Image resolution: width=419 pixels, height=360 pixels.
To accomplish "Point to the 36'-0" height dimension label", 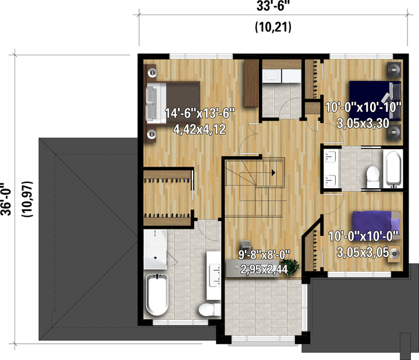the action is [x=6, y=199].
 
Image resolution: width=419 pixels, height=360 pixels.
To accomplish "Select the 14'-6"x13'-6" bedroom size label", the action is [x=200, y=113].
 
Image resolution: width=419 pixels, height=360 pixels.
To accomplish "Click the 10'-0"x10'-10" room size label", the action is [x=363, y=108].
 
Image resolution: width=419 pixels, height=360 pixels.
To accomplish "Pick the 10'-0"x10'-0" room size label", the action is [x=363, y=237].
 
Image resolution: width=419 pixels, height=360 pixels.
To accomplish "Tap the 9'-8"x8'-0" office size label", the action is [x=264, y=255].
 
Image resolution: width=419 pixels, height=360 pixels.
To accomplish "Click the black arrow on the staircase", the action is [x=274, y=173].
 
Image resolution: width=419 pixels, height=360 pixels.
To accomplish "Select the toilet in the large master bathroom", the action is [x=210, y=309].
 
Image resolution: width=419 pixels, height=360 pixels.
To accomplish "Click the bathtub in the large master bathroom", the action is [x=157, y=295].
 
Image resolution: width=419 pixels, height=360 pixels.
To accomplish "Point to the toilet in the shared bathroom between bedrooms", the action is [x=373, y=177].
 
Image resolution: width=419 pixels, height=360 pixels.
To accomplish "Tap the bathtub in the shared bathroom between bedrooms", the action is [x=393, y=168].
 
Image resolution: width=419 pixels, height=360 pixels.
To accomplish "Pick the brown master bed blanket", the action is [x=183, y=103].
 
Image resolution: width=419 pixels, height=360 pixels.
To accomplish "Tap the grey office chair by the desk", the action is [x=246, y=245].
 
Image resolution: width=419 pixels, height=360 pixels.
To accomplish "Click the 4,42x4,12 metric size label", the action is [x=200, y=129].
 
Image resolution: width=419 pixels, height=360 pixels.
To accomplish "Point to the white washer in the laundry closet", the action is [x=272, y=76].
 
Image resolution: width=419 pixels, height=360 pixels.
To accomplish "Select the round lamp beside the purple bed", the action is [x=394, y=253].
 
